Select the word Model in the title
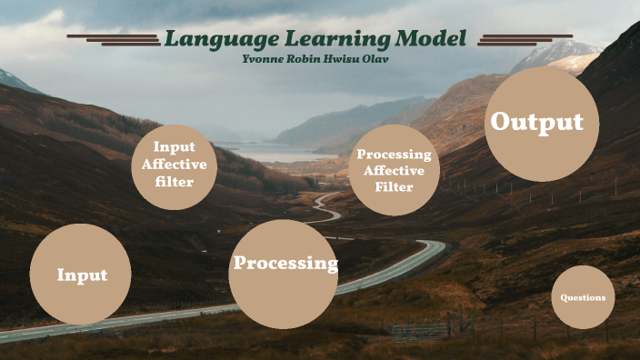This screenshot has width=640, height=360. click(x=430, y=39)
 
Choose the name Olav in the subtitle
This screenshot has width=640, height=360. click(x=381, y=59)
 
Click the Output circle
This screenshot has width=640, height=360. click(x=541, y=123)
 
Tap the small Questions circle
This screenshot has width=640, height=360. click(x=583, y=297)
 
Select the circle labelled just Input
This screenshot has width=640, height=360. click(x=81, y=275)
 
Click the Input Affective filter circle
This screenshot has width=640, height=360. click(x=175, y=167)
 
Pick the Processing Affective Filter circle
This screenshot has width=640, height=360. click(x=394, y=170)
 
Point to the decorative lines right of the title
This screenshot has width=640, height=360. click(x=525, y=39)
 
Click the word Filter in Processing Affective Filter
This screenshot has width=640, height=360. click(x=394, y=187)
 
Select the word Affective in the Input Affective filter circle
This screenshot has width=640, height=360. click(x=175, y=165)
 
